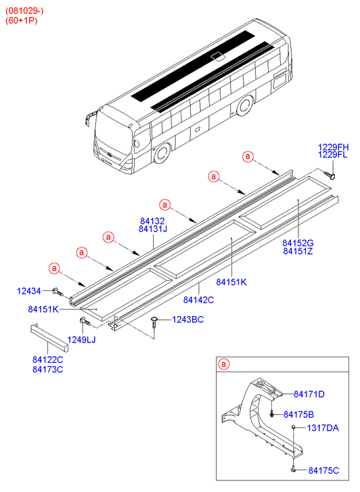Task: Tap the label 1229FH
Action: pyautogui.click(x=334, y=146)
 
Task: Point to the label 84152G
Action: pyautogui.click(x=298, y=242)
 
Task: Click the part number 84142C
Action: pyautogui.click(x=199, y=299)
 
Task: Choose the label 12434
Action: pyautogui.click(x=30, y=291)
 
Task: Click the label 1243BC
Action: pyautogui.click(x=187, y=319)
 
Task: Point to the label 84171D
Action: pyautogui.click(x=309, y=395)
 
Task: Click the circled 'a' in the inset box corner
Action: pyautogui.click(x=223, y=365)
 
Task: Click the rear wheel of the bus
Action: pyautogui.click(x=245, y=106)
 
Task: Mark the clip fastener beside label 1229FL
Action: pyautogui.click(x=330, y=175)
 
